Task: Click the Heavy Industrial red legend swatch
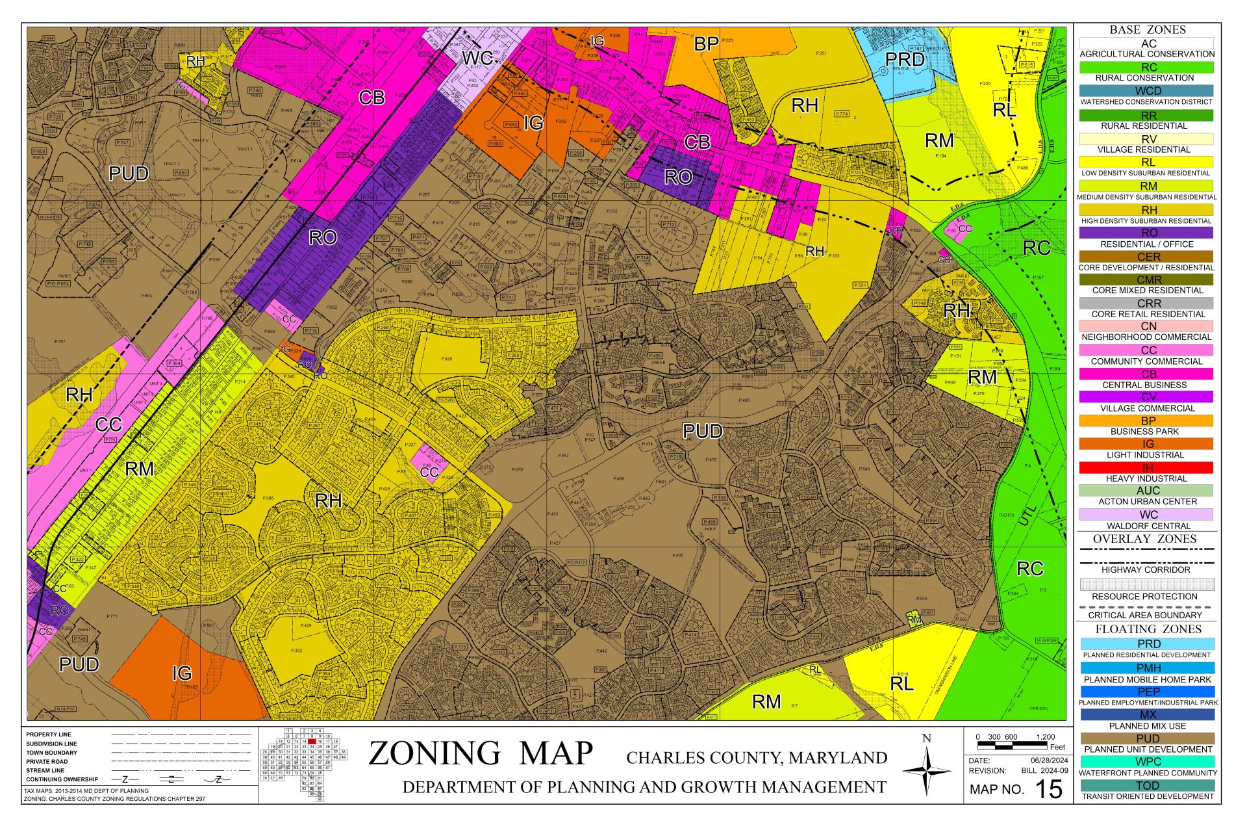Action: click(1146, 467)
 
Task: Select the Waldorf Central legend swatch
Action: click(1146, 515)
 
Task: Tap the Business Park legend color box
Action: click(1146, 421)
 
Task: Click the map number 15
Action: click(1048, 789)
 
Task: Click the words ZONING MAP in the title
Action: click(481, 753)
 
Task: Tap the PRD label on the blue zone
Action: click(905, 60)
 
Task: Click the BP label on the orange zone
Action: click(706, 44)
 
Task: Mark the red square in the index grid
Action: click(312, 741)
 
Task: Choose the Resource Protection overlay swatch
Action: click(1146, 584)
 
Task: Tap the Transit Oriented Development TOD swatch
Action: click(1146, 785)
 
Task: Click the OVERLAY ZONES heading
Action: click(1146, 539)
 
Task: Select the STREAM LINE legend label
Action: click(47, 770)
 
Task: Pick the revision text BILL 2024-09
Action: click(1047, 771)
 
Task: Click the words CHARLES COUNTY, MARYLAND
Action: click(757, 757)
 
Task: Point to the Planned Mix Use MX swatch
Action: click(1146, 714)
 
